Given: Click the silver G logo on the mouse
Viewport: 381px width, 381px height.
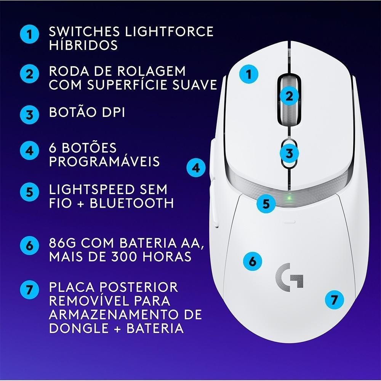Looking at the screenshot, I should [289, 275].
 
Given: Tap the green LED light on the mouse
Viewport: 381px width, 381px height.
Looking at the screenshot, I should [290, 199].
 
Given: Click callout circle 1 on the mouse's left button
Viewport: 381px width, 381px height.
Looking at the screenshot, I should [249, 74].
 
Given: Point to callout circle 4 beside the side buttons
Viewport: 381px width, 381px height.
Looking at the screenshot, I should [196, 168].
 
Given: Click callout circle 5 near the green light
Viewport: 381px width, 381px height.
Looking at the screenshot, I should [266, 203].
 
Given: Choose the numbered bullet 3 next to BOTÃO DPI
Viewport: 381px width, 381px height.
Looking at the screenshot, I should [30, 114].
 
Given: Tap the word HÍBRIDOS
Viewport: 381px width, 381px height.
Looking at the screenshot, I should [83, 45].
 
